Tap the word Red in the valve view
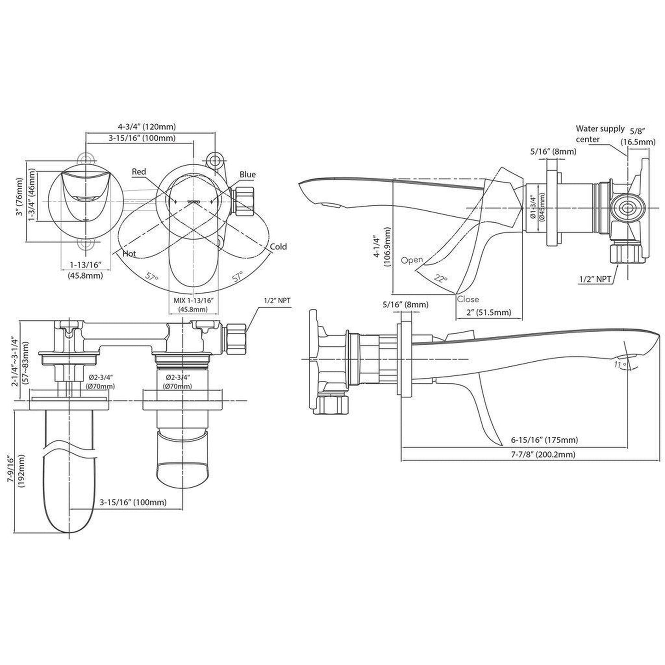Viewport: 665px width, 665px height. tap(139, 172)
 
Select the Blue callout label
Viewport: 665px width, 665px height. tap(248, 174)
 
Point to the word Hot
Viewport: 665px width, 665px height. tap(129, 254)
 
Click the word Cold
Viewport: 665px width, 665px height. tap(278, 247)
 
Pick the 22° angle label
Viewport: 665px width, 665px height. tap(441, 278)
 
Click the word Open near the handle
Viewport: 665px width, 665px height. tap(412, 260)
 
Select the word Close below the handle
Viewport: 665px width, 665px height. tap(468, 299)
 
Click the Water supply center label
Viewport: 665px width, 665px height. tap(600, 134)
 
